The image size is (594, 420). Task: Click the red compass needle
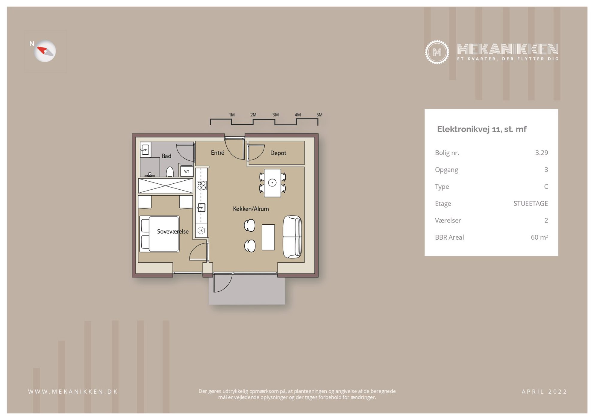click(43, 50)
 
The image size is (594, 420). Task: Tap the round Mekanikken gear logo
click(437, 52)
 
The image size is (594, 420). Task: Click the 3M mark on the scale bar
click(275, 115)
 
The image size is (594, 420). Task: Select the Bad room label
click(166, 156)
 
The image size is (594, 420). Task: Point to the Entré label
click(217, 153)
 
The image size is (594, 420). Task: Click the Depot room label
click(278, 153)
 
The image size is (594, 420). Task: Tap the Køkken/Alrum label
click(251, 209)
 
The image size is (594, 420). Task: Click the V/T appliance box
click(187, 171)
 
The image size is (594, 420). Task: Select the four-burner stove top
click(201, 185)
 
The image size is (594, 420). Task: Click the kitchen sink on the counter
click(201, 207)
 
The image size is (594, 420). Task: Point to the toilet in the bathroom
click(170, 172)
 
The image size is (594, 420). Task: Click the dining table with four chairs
click(272, 183)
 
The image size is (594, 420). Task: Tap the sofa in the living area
click(292, 237)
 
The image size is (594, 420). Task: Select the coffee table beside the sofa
click(268, 237)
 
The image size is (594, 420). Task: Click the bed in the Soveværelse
click(159, 234)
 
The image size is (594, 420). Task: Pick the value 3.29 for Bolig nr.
click(541, 153)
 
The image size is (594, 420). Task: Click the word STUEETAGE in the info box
click(531, 203)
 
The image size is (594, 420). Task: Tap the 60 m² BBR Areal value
click(539, 237)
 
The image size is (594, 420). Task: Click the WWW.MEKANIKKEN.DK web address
click(73, 392)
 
